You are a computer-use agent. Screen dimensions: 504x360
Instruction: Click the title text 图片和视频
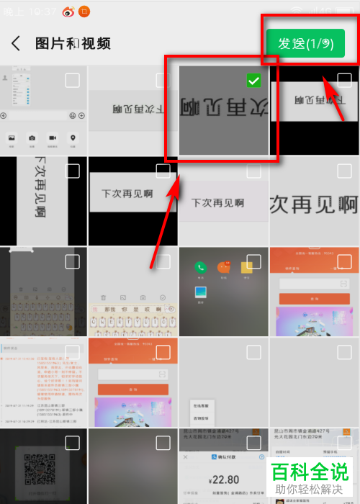(73, 43)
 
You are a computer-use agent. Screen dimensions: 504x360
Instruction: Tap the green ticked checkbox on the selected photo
(253, 81)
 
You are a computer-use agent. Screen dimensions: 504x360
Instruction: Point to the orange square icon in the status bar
(84, 11)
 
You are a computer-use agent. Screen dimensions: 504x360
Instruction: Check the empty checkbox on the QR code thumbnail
(73, 442)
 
